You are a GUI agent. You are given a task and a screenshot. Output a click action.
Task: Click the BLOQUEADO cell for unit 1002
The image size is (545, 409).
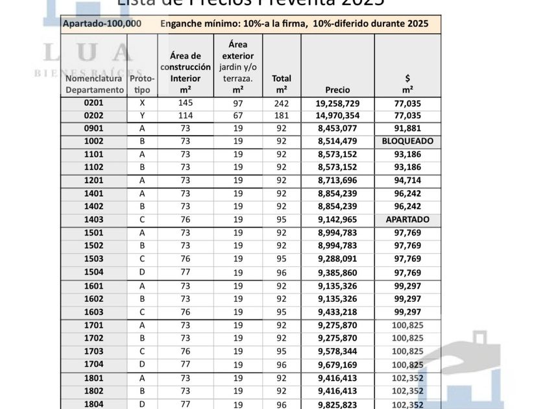coord(407,141)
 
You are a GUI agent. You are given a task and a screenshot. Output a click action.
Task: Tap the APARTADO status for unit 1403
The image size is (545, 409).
coord(407,219)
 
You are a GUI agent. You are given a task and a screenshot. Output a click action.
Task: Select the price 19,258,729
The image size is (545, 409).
coord(338,103)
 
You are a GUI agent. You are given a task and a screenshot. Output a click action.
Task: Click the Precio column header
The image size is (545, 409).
coord(338,90)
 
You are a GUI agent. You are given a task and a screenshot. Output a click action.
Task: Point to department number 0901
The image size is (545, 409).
coord(94,128)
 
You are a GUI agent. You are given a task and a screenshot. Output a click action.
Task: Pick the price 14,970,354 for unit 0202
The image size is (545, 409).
coord(338,116)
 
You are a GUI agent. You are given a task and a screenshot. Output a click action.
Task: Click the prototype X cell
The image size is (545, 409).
coord(143,103)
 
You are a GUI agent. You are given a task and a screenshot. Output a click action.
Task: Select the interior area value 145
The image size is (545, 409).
coord(186,103)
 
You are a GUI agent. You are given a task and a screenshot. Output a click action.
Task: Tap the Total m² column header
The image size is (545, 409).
coord(282,84)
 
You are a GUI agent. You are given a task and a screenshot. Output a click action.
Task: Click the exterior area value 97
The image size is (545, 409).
coord(237,103)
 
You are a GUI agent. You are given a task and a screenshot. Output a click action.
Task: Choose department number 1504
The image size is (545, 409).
coord(94,272)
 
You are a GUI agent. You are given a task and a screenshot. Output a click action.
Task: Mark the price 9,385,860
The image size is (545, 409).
coord(338,272)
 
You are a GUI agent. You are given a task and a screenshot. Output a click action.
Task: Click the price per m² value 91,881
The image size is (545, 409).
coord(407,128)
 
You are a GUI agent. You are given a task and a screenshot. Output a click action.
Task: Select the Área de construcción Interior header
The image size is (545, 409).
coord(186,72)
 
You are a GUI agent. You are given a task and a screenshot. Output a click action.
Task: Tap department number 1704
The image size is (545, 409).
coord(94,364)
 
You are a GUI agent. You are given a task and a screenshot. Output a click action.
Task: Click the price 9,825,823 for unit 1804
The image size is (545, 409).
coord(338,404)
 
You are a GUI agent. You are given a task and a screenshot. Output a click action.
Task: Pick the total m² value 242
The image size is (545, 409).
coord(282,103)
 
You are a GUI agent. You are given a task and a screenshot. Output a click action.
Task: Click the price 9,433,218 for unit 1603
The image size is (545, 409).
coord(338,312)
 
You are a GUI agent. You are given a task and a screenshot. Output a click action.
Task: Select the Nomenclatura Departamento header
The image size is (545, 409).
coord(94,84)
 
